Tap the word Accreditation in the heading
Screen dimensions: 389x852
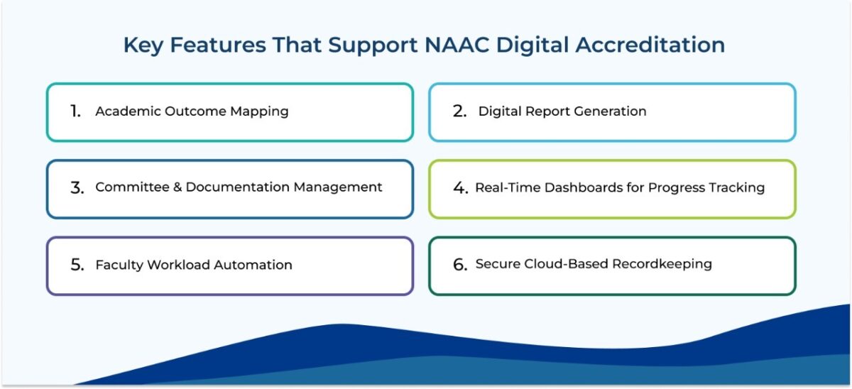pyautogui.click(x=650, y=45)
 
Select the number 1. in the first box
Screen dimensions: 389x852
pyautogui.click(x=76, y=111)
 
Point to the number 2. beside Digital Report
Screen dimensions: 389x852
pyautogui.click(x=460, y=111)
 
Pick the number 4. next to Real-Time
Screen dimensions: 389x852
pyautogui.click(x=461, y=188)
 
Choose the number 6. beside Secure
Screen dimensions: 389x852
pyautogui.click(x=461, y=265)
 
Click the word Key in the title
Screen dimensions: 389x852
pyautogui.click(x=142, y=45)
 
